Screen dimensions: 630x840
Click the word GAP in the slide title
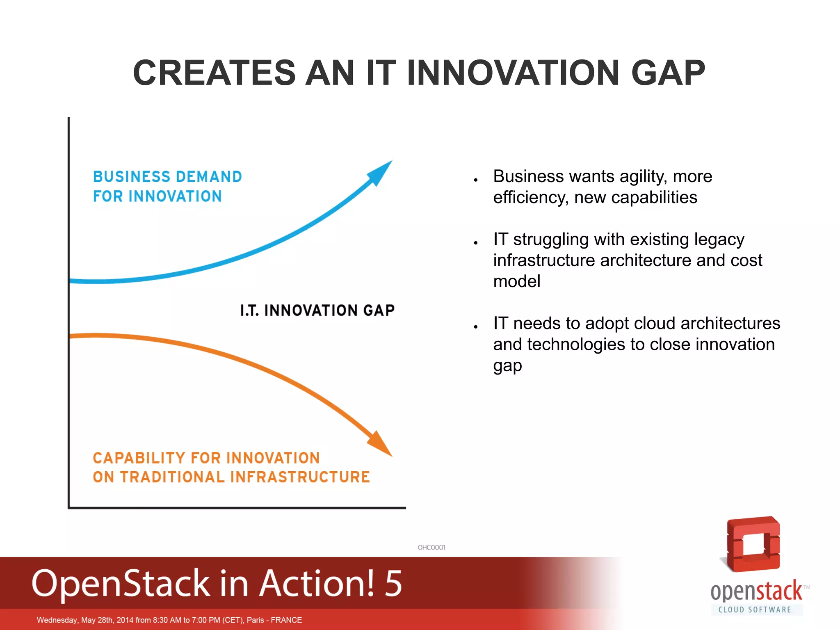click(x=668, y=73)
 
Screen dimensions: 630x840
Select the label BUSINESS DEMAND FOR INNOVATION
click(x=167, y=187)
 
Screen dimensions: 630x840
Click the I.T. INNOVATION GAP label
click(x=317, y=310)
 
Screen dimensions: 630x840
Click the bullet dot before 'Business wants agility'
click(x=476, y=180)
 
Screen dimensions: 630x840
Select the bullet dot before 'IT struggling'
click(x=476, y=243)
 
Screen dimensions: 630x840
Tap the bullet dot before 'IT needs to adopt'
click(x=476, y=327)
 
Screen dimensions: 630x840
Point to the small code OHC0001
click(x=431, y=547)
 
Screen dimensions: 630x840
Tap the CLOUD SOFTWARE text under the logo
click(x=755, y=609)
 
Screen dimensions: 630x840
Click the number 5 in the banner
click(x=393, y=583)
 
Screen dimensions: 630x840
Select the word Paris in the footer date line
click(x=255, y=620)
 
